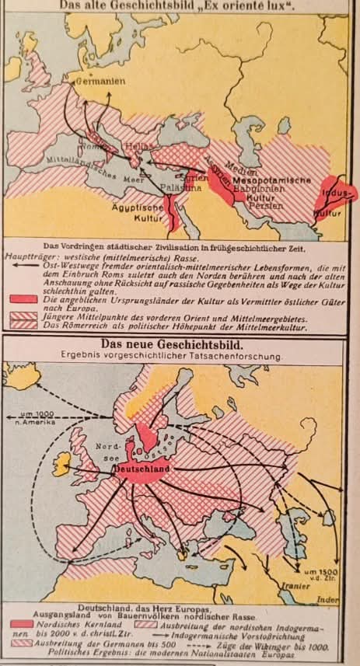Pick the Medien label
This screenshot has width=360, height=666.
pos(247,172)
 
